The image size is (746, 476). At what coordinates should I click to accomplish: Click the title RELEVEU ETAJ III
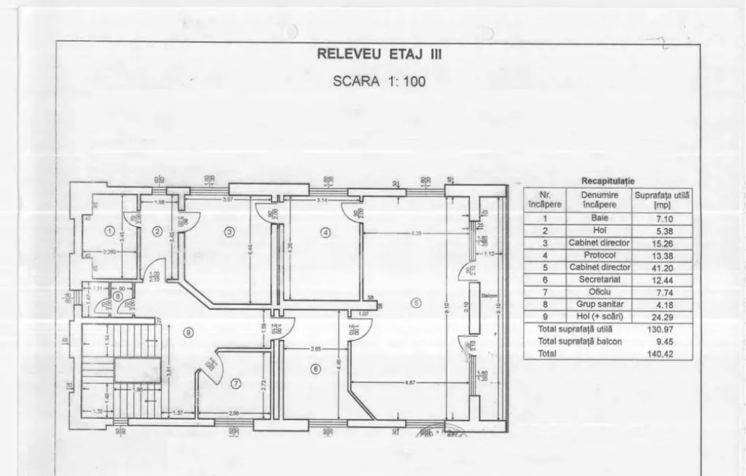pos(379,54)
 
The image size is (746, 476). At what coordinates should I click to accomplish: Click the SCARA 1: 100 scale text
pos(379,81)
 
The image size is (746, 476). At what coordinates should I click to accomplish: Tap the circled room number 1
pos(109,231)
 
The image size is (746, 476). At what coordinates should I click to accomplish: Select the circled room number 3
pos(229,232)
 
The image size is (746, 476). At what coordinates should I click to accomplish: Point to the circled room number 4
pos(325,232)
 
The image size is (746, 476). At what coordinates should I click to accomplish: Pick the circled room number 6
pos(315,369)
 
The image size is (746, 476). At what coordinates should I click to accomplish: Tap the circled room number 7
pos(235,383)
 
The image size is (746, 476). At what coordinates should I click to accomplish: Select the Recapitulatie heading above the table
pos(608,181)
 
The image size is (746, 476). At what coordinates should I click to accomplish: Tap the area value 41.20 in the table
pos(663,267)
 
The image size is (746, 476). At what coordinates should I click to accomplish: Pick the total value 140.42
pos(663,354)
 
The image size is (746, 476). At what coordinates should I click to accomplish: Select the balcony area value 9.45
pos(663,341)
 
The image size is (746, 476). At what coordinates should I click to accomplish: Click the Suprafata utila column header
pos(663,200)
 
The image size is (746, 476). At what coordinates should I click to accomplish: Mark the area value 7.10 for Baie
pos(663,218)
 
